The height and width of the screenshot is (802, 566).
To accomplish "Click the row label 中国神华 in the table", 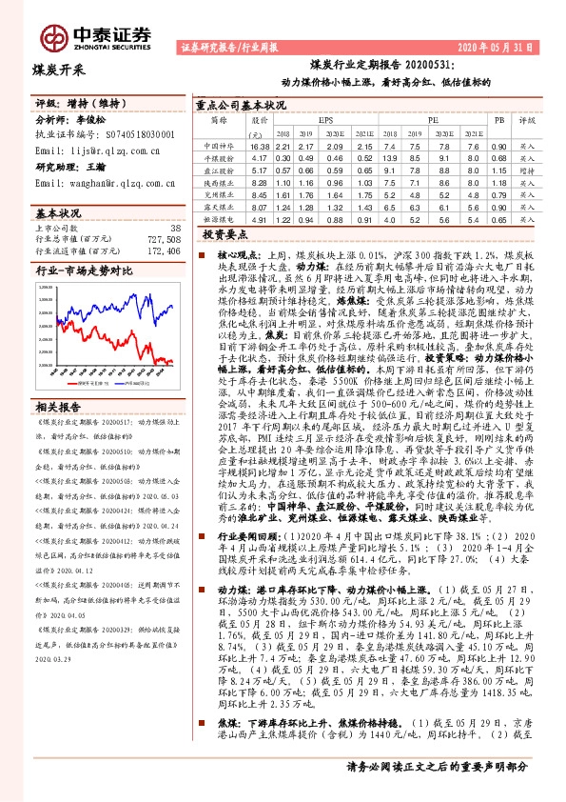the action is coord(219,147).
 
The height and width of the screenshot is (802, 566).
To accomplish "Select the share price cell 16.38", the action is coord(260,147).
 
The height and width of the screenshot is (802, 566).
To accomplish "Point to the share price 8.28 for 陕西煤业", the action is coord(260,181).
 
